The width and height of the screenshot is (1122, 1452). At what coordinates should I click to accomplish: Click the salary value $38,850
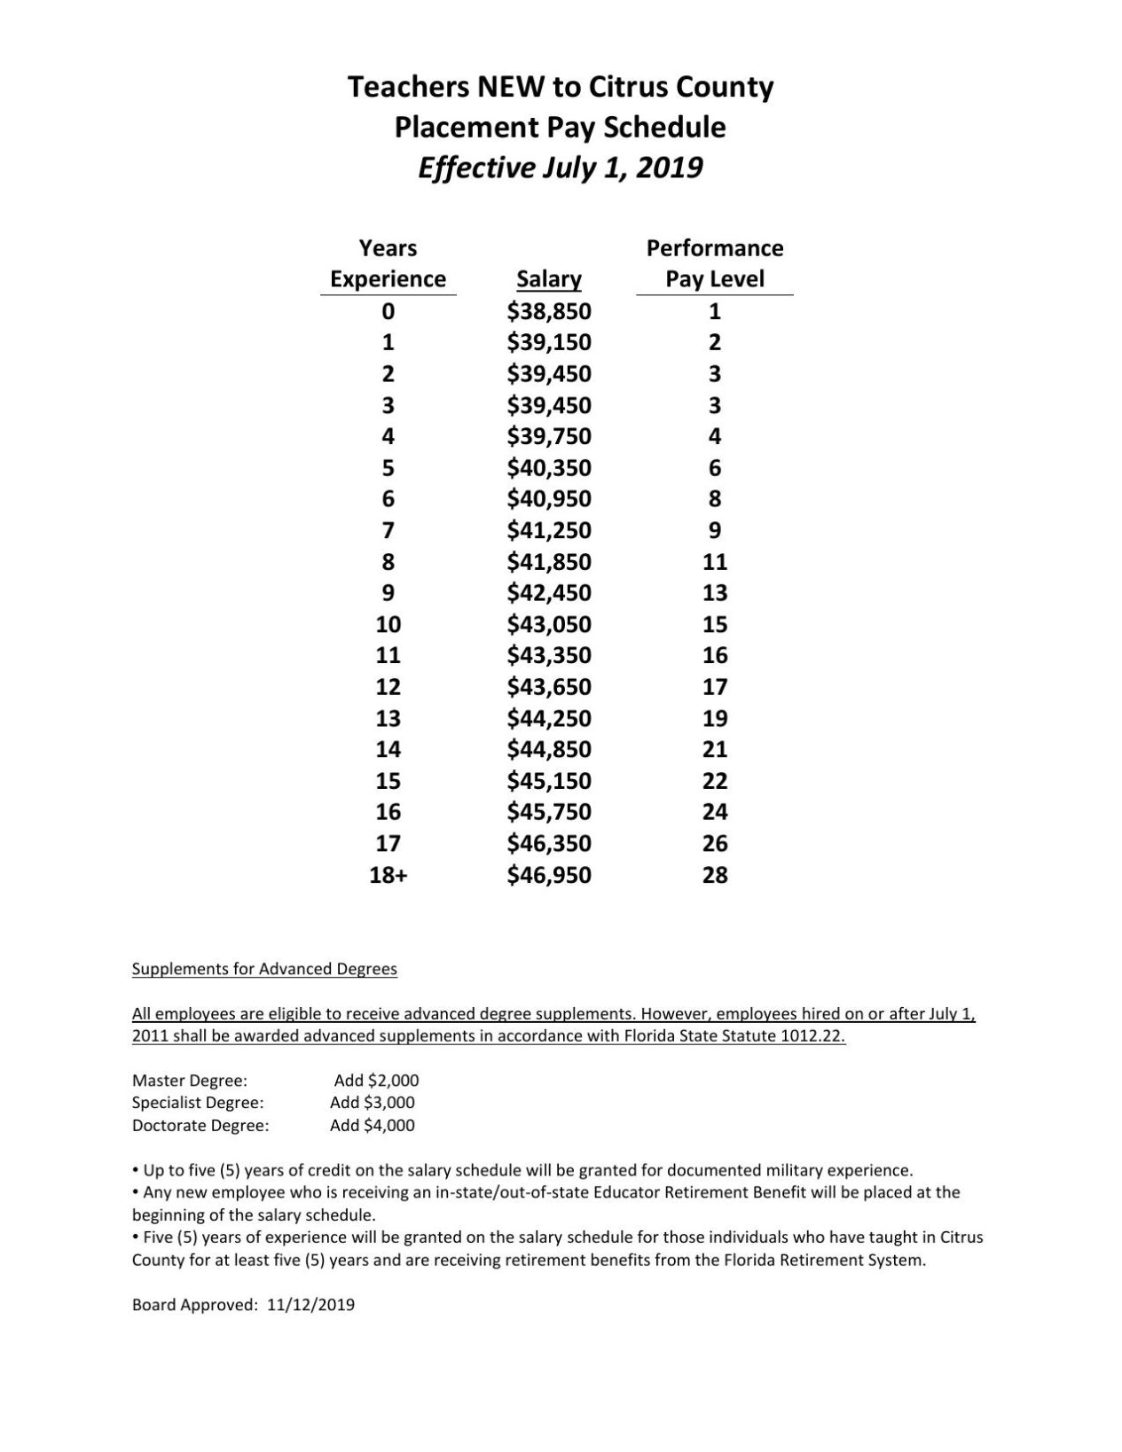548,311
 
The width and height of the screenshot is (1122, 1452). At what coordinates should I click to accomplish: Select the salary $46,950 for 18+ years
548,875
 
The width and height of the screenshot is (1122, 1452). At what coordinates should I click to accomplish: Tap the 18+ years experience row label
388,875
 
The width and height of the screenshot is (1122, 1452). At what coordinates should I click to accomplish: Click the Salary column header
548,279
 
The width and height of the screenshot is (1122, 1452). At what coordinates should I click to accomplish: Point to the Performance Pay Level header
714,263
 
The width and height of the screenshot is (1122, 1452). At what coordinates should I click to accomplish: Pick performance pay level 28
714,875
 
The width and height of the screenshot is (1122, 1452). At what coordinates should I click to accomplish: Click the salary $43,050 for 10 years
548,624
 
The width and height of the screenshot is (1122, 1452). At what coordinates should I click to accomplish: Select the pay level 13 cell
714,593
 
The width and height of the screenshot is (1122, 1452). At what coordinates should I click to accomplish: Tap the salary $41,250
548,530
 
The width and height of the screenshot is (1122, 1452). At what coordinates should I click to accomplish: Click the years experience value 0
388,311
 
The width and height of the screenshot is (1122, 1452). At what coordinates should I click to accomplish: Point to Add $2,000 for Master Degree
376,1081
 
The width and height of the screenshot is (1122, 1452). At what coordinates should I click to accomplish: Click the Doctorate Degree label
200,1126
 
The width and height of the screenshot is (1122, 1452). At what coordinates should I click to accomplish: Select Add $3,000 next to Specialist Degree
372,1103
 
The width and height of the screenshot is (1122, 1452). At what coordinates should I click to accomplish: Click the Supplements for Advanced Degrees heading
264,969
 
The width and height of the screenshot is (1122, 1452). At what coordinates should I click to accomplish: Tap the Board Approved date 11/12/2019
310,1305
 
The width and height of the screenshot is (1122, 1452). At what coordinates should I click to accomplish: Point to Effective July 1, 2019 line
560,168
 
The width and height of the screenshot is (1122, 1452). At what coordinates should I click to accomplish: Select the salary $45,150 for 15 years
548,781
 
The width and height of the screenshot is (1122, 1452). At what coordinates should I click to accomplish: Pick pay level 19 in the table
714,718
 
